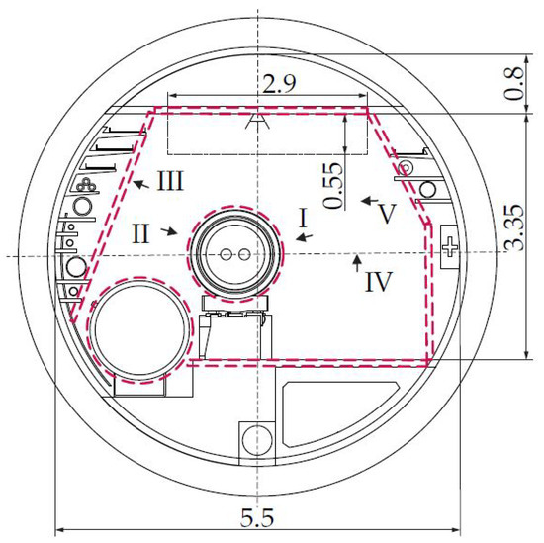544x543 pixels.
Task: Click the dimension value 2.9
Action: coord(279,84)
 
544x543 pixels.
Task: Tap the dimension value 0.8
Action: coord(513,84)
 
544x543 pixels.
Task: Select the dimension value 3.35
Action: coord(513,227)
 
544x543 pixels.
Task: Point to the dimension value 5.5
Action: coord(257,517)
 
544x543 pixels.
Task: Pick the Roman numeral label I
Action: coord(304,218)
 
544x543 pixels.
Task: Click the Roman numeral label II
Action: coord(140,233)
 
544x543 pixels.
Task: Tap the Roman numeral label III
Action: coord(170,180)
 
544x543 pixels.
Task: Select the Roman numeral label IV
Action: coord(379,282)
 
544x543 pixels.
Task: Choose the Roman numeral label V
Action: coord(387,214)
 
